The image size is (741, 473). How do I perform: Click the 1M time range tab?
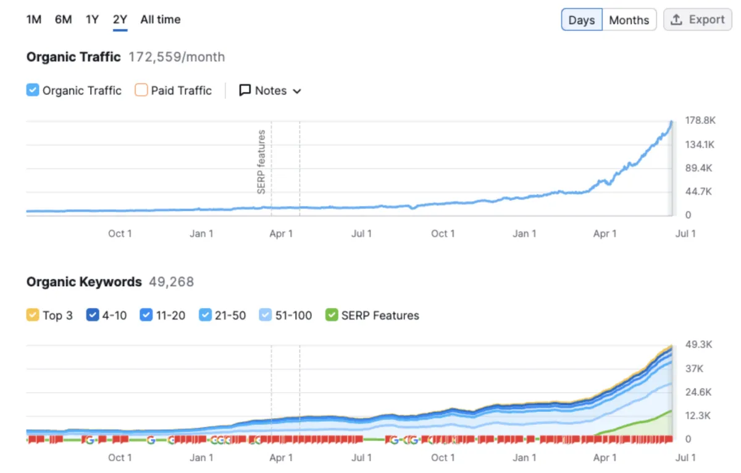tap(33, 19)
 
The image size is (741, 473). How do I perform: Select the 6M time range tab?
tap(63, 19)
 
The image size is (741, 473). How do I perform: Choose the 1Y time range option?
tap(92, 19)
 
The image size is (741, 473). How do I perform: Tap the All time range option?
tap(160, 19)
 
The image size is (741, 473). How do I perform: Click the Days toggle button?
tap(581, 20)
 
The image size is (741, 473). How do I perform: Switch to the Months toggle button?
tap(629, 20)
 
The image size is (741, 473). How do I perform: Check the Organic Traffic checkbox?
tap(33, 91)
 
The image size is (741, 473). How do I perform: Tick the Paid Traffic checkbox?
tap(141, 91)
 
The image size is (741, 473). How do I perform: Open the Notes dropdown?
tap(270, 91)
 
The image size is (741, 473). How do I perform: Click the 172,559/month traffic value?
tap(177, 57)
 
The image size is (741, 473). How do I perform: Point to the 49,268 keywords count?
tap(171, 282)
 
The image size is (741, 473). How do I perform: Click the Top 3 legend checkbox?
tap(33, 315)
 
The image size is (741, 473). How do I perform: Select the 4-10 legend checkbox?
tap(93, 315)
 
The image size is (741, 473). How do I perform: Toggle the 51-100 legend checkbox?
tap(266, 315)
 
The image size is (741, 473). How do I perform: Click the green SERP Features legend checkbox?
tap(332, 315)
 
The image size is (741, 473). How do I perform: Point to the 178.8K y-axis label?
tap(700, 121)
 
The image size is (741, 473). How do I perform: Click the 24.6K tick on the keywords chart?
tap(698, 392)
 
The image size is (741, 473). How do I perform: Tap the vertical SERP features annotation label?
tap(261, 162)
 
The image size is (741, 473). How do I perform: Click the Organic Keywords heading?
tap(84, 282)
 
